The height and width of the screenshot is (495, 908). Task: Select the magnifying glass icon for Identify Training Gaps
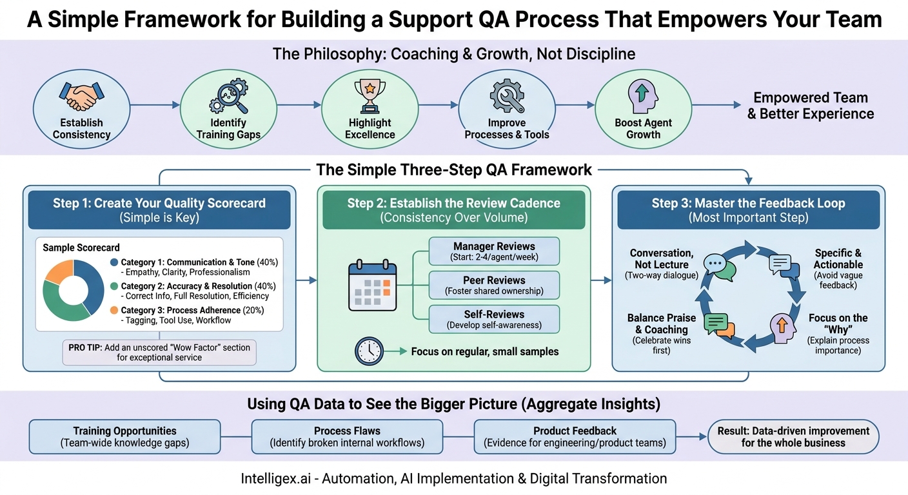[x=226, y=97]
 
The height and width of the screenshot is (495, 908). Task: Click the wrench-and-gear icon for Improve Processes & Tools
[x=507, y=97]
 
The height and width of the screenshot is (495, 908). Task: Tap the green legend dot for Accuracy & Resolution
[x=114, y=286]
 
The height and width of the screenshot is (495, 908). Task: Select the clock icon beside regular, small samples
[x=370, y=351]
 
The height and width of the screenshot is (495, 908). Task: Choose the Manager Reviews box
[x=494, y=251]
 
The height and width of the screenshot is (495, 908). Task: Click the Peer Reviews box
[x=494, y=285]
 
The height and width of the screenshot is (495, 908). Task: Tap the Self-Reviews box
[x=494, y=319]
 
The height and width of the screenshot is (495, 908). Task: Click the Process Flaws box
[x=346, y=436]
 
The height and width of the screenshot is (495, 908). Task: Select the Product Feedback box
[x=574, y=436]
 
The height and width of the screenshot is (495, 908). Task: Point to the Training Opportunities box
[x=124, y=436]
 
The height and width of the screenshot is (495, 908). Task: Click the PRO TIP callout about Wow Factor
[x=159, y=352]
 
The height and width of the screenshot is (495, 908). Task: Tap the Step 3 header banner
[x=748, y=209]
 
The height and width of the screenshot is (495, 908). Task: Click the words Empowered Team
[x=811, y=98]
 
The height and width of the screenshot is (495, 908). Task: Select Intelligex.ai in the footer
[x=279, y=478]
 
